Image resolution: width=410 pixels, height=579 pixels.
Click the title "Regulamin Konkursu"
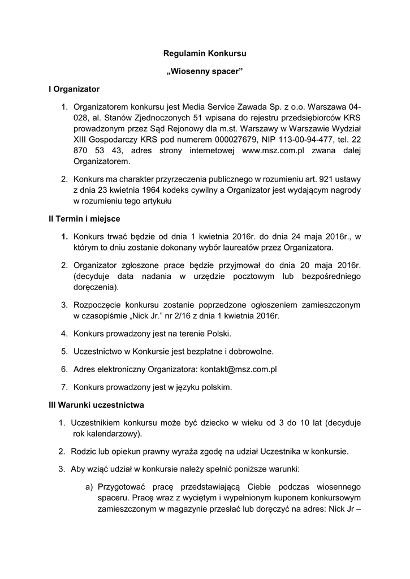205,54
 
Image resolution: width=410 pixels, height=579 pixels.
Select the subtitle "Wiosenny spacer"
205,72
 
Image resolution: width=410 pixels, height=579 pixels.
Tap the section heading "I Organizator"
74,89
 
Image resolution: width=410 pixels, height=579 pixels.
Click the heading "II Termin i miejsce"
84,218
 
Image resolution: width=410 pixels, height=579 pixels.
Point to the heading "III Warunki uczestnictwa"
96,405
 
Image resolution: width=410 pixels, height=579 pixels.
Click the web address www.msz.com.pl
273,150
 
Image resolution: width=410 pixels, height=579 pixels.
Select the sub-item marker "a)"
89,487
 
